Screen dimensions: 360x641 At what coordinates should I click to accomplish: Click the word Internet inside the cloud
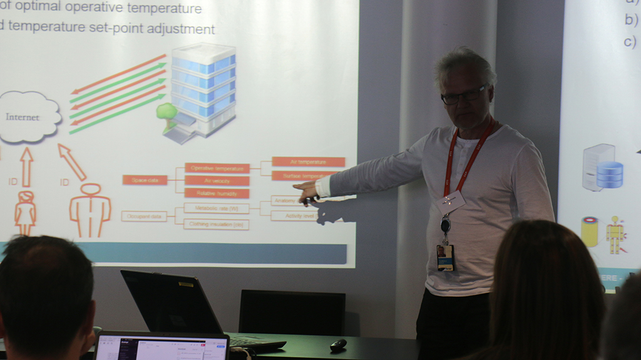23,117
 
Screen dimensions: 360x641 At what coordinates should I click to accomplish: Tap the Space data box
145,180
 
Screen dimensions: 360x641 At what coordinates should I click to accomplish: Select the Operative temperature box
217,168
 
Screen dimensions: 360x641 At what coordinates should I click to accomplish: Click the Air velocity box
217,181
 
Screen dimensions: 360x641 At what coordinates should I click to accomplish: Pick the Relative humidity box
217,193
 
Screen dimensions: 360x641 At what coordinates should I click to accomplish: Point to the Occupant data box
144,217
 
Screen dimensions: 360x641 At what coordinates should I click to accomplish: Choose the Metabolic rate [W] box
217,208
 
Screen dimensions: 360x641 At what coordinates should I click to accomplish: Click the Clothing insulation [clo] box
217,224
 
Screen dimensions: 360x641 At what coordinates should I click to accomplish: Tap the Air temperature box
308,162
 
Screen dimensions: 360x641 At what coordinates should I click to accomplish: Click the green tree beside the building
167,113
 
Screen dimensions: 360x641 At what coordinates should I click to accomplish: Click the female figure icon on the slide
25,212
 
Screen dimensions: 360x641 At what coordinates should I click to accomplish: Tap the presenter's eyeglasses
464,96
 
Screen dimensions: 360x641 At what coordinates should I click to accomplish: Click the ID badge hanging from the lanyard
445,257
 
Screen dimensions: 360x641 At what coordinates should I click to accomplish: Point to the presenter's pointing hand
307,192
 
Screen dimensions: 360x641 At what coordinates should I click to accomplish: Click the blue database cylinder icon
609,175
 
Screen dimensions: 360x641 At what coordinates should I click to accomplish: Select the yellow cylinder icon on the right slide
589,232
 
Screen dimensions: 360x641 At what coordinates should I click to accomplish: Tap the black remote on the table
338,344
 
